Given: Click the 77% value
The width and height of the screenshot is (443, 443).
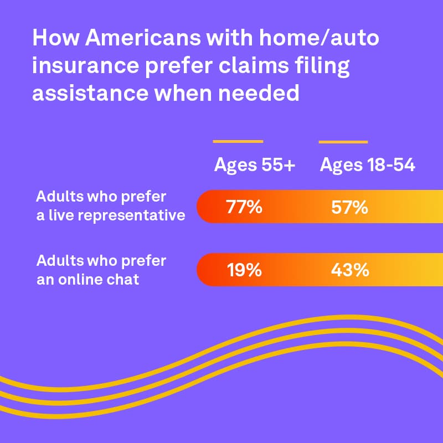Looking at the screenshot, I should [244, 208].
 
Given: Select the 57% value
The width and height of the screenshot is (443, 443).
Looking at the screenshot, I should [349, 208].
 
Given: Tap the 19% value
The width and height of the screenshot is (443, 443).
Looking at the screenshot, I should [244, 270].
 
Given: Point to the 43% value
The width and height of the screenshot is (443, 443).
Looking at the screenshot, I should [349, 270].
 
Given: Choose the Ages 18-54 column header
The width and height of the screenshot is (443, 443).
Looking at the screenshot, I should [367, 166].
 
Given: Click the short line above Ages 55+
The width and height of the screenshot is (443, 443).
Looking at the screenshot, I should [238, 142].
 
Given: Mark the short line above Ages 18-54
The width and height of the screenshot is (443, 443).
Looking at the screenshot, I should [343, 142].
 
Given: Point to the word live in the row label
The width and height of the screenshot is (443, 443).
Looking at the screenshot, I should [59, 215].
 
